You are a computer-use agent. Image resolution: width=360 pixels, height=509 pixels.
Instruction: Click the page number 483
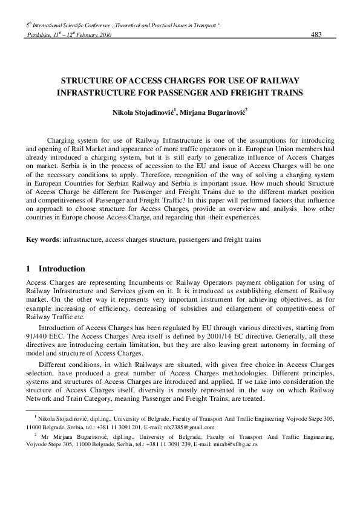315,35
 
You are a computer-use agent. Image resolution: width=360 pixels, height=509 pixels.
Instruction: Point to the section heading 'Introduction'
62,268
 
